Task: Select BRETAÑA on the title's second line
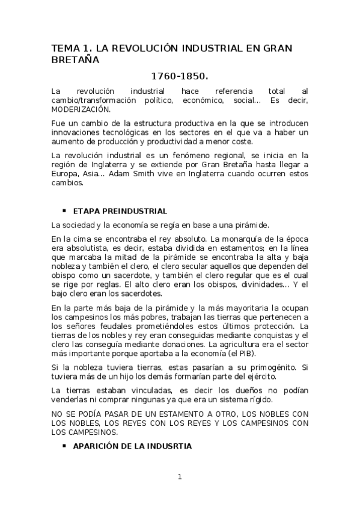click(x=76, y=60)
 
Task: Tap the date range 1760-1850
click(x=180, y=77)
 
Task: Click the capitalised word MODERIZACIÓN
click(x=81, y=111)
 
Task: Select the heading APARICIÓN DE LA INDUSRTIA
click(x=132, y=446)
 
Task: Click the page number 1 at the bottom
click(x=179, y=478)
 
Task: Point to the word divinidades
click(x=256, y=284)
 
